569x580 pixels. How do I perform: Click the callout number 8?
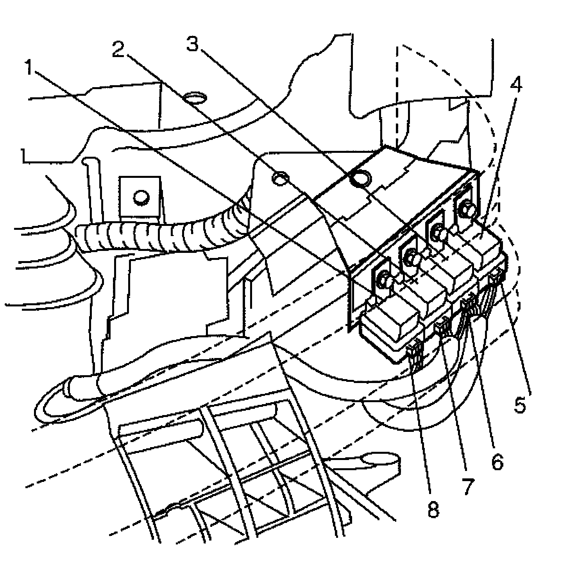click(x=433, y=509)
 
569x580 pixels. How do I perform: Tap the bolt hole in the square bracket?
click(x=140, y=197)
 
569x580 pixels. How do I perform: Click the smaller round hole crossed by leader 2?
click(x=281, y=179)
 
